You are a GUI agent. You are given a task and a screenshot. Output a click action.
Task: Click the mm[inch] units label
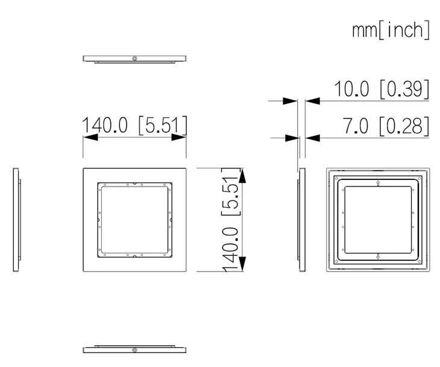pos(391,30)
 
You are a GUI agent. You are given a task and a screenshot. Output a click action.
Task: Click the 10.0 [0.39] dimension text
pos(382,89)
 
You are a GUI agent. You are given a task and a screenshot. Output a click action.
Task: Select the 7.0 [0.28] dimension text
pos(386,126)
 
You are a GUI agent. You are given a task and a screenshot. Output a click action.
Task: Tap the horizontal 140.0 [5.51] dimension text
pos(134,125)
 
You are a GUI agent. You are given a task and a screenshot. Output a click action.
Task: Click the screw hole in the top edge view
pos(134,59)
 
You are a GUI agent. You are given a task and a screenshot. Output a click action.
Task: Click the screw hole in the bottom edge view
pos(134,350)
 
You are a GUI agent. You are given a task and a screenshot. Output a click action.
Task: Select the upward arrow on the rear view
pos(378,183)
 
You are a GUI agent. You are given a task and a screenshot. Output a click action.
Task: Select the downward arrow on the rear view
pos(378,257)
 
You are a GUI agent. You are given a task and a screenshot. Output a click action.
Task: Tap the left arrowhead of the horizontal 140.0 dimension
pos(90,137)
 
